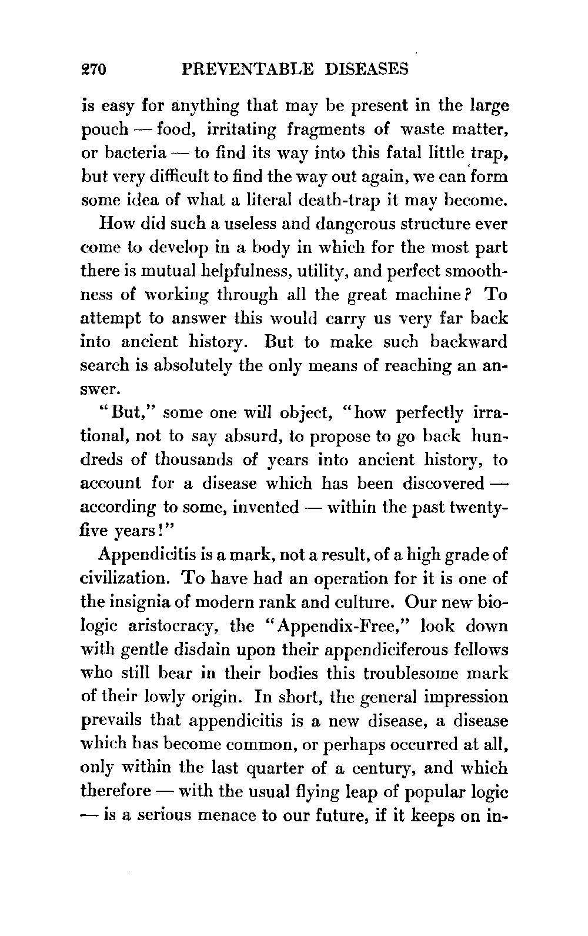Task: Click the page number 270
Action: point(92,70)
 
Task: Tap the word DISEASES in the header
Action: point(366,70)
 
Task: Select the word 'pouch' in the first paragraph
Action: point(104,130)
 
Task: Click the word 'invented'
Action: point(266,507)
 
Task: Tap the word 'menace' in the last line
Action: point(226,815)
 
